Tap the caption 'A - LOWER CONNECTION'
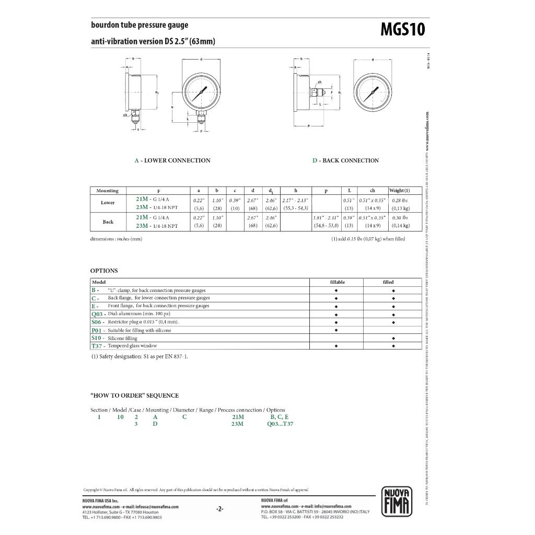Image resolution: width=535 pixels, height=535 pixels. [172, 160]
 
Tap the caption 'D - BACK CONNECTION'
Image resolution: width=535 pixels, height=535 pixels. [345, 160]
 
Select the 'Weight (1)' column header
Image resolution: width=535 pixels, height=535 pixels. [399, 191]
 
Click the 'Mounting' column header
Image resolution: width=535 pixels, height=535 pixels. [108, 191]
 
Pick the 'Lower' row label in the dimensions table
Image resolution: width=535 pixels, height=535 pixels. [108, 203]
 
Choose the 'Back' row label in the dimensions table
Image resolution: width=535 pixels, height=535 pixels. [108, 222]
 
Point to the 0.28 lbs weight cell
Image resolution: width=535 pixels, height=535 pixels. [400, 200]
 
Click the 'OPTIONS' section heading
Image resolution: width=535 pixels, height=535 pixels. [104, 271]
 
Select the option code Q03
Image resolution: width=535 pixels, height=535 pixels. [97, 314]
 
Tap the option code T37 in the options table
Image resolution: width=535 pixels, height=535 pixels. [97, 346]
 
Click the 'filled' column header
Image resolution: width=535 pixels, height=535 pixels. [388, 282]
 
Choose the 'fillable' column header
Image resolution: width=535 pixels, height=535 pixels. [338, 282]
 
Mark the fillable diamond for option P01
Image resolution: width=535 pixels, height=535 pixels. [336, 330]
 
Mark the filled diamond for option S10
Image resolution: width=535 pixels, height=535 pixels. [393, 338]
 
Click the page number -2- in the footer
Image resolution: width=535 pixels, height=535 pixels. [220, 509]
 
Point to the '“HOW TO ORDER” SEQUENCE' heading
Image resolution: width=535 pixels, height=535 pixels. [134, 396]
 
